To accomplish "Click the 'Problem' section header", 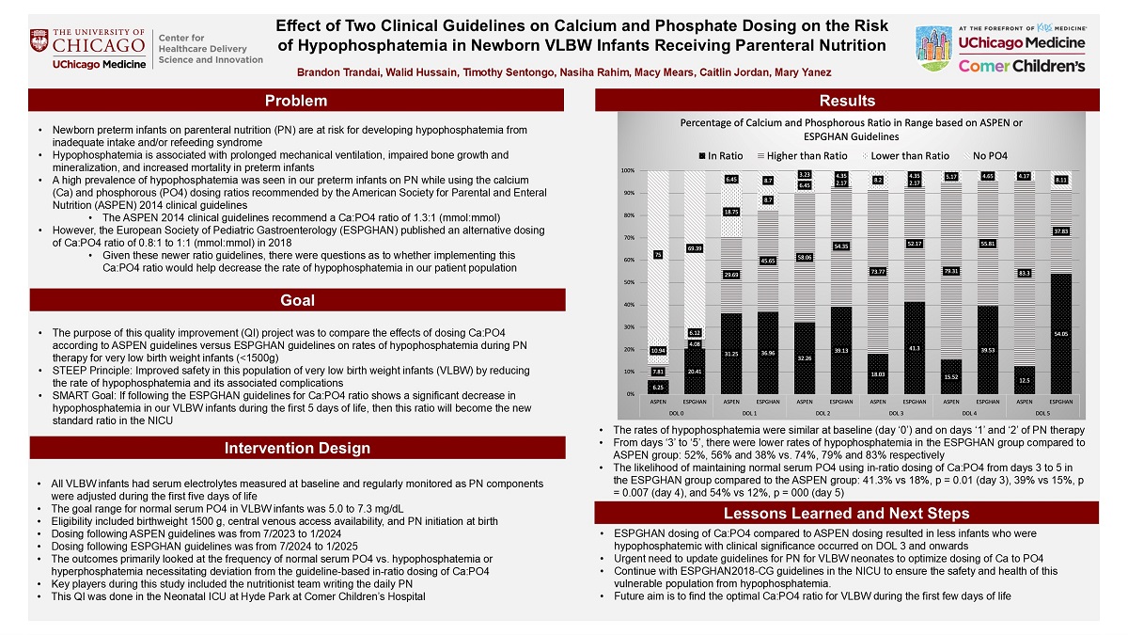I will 296,101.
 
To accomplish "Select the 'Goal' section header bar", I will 296,300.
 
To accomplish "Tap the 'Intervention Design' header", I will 296,448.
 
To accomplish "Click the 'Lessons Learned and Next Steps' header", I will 847,514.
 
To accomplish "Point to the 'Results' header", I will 847,101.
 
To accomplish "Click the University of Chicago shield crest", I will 41,41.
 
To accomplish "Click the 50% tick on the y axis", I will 626,282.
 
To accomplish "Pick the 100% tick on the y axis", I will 626,170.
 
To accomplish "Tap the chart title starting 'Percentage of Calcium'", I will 852,130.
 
